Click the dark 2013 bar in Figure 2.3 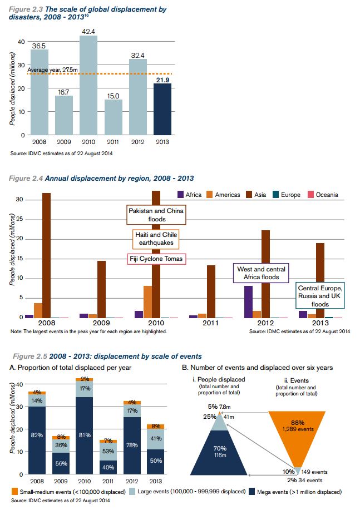[163, 109]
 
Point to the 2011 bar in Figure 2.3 [114, 117]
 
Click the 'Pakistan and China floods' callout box [155, 215]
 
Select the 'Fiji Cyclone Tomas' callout [155, 259]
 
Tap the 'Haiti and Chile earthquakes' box [155, 239]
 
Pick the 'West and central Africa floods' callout [260, 273]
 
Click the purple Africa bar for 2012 [249, 301]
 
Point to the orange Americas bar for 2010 [147, 301]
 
